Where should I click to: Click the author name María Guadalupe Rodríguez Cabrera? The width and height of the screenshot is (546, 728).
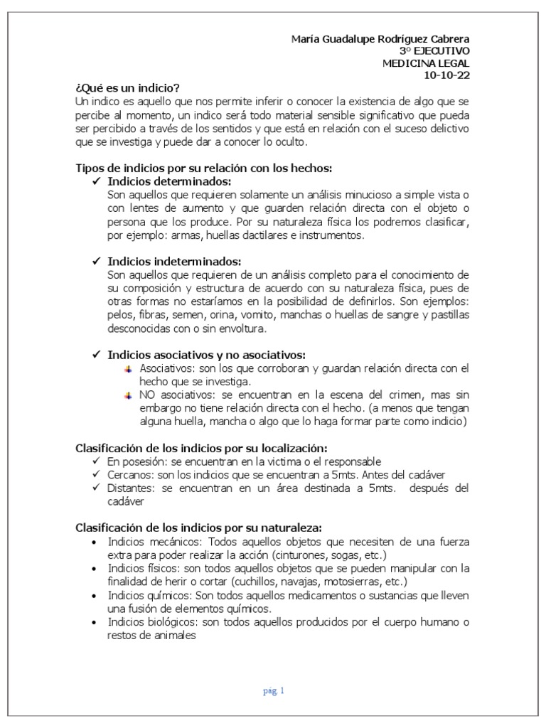click(380, 38)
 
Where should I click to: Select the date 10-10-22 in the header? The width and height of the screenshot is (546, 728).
click(446, 75)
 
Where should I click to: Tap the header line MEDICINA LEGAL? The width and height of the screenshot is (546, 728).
click(426, 63)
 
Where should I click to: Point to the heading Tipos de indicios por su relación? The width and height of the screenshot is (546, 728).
click(204, 168)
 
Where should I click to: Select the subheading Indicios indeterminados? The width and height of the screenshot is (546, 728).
click(174, 260)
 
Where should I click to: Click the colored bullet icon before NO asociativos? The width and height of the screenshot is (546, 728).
click(129, 395)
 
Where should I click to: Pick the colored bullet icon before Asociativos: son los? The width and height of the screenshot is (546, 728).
click(129, 368)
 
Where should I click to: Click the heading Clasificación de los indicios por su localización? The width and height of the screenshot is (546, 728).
click(201, 448)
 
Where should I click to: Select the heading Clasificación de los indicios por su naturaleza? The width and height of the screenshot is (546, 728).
click(198, 528)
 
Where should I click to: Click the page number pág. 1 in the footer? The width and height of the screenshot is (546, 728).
click(273, 690)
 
